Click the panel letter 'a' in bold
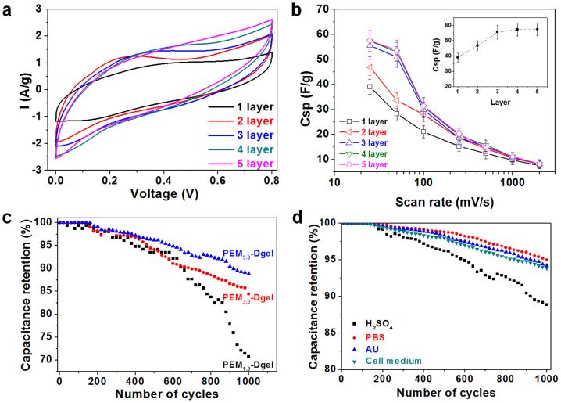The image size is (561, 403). (x=10, y=10)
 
